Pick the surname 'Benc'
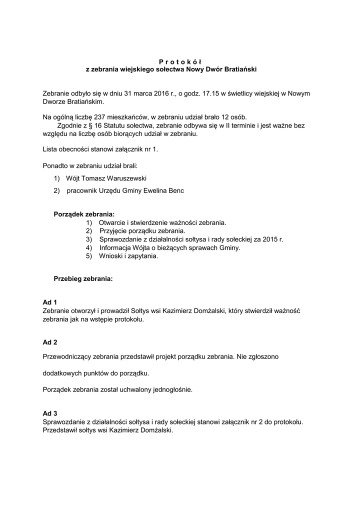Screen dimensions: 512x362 175,190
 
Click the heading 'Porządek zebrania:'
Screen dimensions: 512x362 84,214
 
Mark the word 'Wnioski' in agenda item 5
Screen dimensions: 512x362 111,256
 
